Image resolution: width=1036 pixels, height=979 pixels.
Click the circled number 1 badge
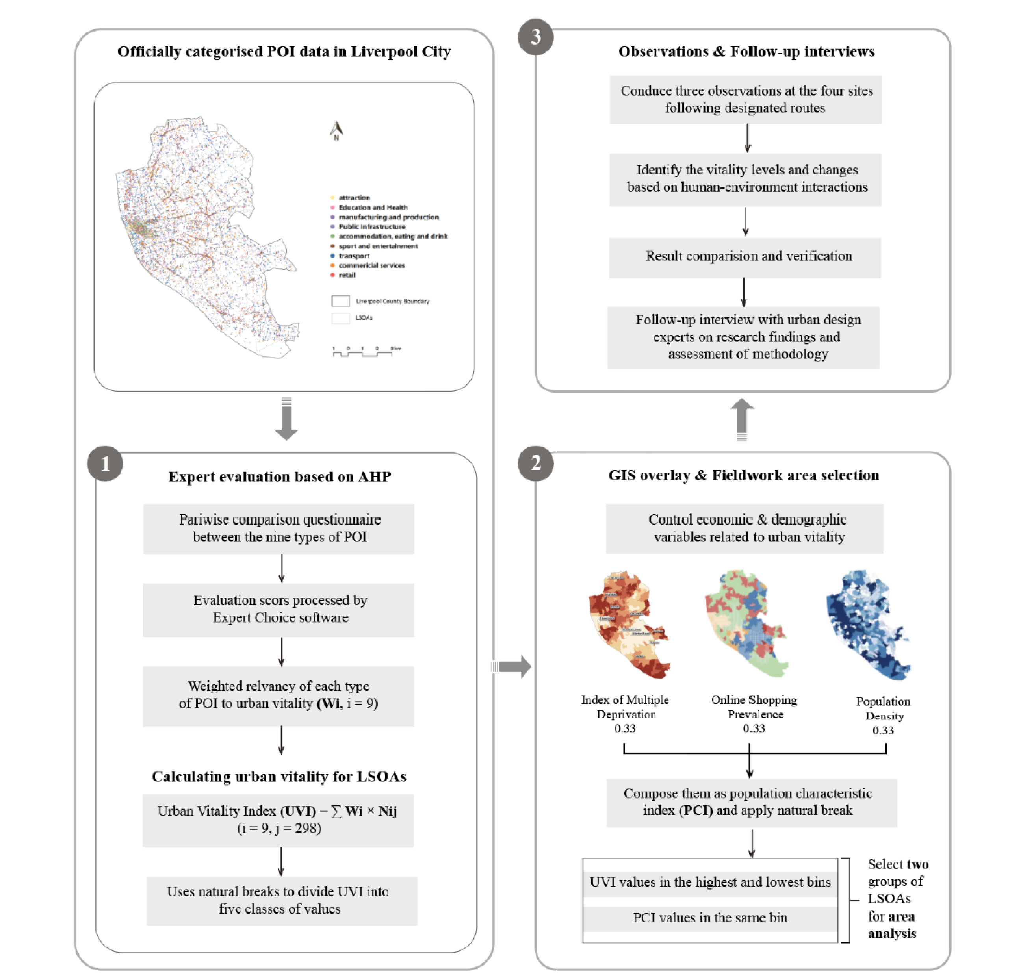[x=105, y=464]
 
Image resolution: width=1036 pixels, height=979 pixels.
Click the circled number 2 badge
[x=535, y=464]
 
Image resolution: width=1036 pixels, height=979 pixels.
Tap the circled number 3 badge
[x=535, y=37]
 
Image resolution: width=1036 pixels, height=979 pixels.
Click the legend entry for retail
[x=347, y=275]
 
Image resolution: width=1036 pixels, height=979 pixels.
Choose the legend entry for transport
[x=353, y=256]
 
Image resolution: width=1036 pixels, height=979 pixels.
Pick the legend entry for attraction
[x=353, y=198]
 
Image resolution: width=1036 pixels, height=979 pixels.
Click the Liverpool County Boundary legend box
[x=341, y=301]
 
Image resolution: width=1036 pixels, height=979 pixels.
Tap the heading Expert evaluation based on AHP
[x=279, y=477]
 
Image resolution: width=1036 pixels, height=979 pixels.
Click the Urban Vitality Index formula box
[x=278, y=820]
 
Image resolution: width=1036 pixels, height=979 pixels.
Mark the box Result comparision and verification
[x=745, y=257]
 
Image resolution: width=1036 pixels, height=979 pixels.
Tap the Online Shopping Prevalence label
[x=754, y=706]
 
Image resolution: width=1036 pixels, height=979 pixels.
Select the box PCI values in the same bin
[x=710, y=918]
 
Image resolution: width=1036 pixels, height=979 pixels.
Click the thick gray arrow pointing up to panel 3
[x=742, y=419]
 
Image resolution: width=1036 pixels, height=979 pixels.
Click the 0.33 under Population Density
[x=883, y=730]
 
